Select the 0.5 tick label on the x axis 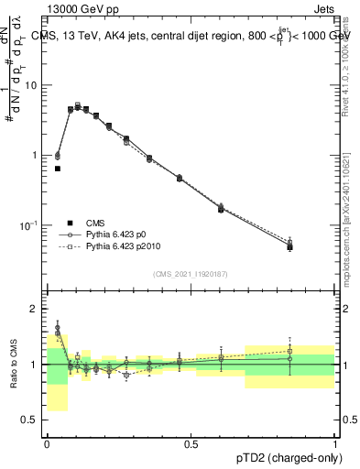(191, 443)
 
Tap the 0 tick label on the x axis (47, 443)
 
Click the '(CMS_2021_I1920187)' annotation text (191, 274)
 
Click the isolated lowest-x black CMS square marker (58, 169)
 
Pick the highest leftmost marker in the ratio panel (58, 327)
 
